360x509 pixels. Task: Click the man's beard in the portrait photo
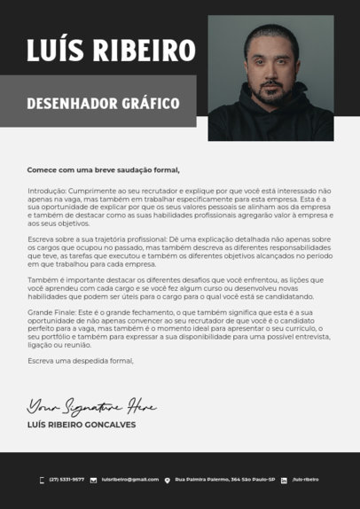point(271,92)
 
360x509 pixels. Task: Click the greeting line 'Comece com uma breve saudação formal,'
point(103,169)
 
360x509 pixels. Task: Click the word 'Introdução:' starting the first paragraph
point(47,191)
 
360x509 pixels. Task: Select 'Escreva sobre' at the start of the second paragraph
point(51,239)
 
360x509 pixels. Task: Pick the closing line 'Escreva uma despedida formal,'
point(80,361)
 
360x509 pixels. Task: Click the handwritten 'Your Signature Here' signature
point(91,407)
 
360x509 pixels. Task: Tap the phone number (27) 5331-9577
point(67,479)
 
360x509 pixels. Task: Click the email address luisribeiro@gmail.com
point(130,479)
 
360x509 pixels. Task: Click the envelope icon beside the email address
point(93,480)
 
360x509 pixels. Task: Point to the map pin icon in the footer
point(168,480)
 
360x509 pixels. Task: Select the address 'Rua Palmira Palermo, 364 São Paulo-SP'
point(225,479)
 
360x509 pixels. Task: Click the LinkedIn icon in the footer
point(284,480)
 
